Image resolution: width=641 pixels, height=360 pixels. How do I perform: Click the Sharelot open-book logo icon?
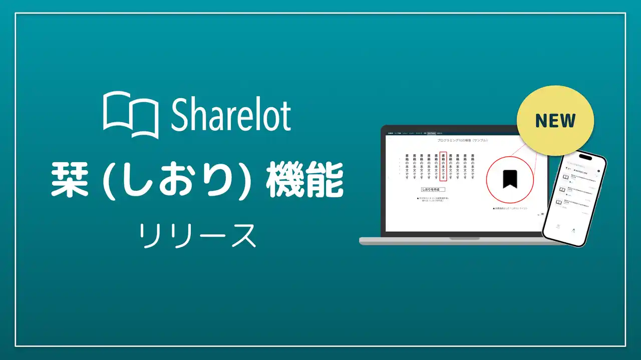pos(131,115)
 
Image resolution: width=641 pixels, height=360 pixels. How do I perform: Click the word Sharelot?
pos(231,115)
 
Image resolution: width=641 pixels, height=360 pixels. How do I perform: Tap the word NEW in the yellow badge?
pos(555,120)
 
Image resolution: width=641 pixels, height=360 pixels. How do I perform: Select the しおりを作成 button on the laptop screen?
pos(433,189)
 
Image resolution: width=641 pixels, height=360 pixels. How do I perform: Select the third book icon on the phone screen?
pos(558,202)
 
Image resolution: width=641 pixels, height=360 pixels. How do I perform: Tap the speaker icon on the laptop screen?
pos(542,214)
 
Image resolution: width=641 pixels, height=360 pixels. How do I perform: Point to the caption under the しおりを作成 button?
pos(433,199)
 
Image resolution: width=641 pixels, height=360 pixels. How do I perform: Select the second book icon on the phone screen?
pos(562,190)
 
